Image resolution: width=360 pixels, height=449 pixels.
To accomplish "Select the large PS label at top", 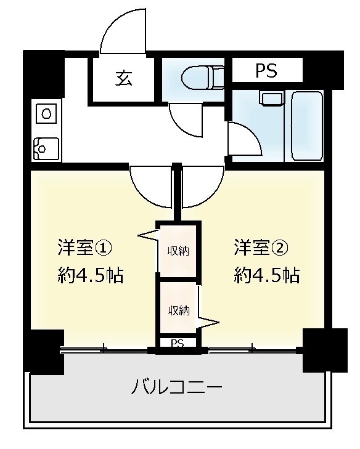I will pyautogui.click(x=266, y=71).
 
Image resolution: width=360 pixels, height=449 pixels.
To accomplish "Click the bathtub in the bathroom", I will pyautogui.click(x=306, y=126).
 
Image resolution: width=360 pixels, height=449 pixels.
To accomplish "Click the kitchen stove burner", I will pyautogui.click(x=45, y=113).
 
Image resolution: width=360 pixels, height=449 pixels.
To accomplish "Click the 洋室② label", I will pyautogui.click(x=261, y=248).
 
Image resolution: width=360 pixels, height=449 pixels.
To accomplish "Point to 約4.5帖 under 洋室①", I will pyautogui.click(x=91, y=275).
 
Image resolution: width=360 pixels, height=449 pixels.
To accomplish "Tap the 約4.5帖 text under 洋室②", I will pyautogui.click(x=266, y=275).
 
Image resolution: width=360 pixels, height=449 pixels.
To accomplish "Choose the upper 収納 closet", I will pyautogui.click(x=178, y=250).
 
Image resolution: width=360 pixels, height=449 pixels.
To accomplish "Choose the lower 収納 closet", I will pyautogui.click(x=178, y=310).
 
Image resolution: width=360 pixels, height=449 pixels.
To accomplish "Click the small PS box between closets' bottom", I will pyautogui.click(x=178, y=343).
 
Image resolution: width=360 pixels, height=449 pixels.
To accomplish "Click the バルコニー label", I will pyautogui.click(x=176, y=388).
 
